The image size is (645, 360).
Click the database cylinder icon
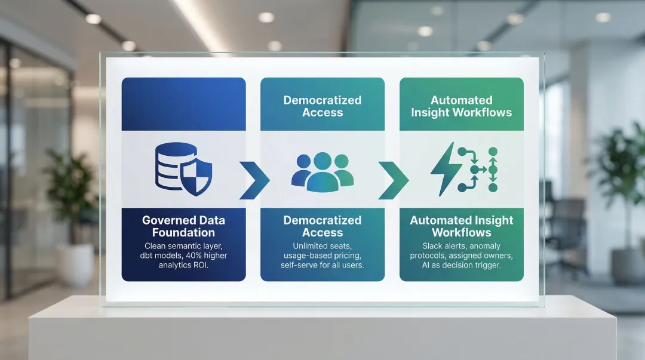coord(173,166)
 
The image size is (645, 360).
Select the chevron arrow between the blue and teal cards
coord(253,180)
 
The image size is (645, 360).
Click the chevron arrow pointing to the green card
coord(392,180)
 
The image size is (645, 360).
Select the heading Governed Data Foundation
coord(183,226)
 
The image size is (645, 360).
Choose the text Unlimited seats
coord(322,246)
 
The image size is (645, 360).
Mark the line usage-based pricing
coord(322,256)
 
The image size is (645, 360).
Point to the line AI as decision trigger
coord(461,265)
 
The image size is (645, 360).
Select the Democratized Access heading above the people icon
coord(322,106)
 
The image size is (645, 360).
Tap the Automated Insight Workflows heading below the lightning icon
coord(461,226)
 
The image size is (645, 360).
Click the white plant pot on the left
coord(76,263)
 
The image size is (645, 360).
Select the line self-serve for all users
coord(322,265)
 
